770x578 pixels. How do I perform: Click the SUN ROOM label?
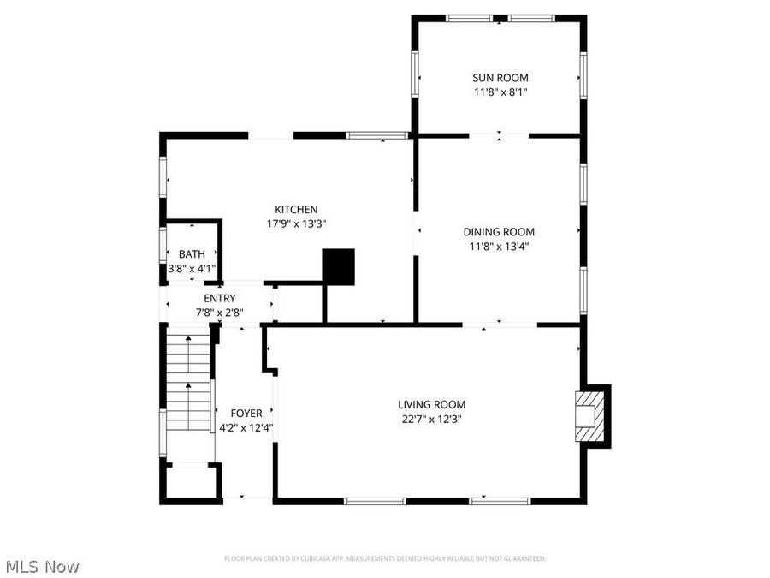click(x=500, y=77)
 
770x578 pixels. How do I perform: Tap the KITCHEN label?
click(x=296, y=209)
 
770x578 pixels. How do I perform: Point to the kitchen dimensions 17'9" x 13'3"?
click(x=296, y=223)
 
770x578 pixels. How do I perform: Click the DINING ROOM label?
click(x=499, y=231)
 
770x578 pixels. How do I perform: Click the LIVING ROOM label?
click(x=431, y=404)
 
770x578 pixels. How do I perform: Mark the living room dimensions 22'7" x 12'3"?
click(x=431, y=419)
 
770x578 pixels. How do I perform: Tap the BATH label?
click(x=192, y=253)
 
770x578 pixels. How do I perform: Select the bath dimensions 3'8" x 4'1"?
click(x=192, y=268)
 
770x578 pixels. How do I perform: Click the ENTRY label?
click(x=219, y=298)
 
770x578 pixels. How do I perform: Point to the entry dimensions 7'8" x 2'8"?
click(x=219, y=313)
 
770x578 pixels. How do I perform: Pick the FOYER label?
click(x=246, y=414)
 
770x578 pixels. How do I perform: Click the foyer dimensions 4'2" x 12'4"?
click(x=246, y=427)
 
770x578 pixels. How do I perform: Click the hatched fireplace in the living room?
click(x=589, y=415)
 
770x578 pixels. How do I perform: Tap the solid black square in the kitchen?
click(x=338, y=267)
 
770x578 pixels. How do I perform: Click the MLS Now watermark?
click(x=43, y=566)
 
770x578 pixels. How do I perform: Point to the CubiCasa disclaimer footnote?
click(x=385, y=558)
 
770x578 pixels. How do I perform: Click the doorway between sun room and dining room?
click(x=499, y=135)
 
